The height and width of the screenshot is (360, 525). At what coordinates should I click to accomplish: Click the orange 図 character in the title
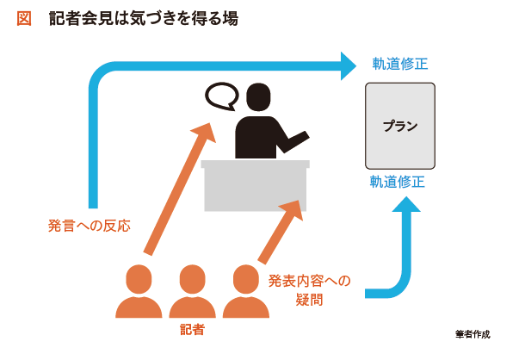coord(24,18)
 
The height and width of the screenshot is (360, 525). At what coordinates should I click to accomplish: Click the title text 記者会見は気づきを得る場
coord(144,18)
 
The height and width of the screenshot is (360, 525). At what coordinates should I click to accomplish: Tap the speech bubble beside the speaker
coord(222,96)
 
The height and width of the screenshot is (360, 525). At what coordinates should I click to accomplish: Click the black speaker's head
coord(258,97)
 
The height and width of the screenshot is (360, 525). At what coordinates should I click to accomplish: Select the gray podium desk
coord(255,185)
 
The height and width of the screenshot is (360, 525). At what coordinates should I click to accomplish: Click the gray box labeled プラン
coord(400,126)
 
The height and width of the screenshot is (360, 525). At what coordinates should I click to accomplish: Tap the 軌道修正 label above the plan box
coord(400,64)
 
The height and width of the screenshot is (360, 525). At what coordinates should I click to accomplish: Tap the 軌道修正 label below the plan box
coord(398,182)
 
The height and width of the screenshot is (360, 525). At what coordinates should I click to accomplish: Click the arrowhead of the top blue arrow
coord(349,66)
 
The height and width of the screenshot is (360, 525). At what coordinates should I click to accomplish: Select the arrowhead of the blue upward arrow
coord(406,204)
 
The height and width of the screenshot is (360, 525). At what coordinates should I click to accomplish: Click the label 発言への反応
coord(89,226)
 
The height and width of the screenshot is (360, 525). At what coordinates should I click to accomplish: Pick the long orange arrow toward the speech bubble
coord(180,189)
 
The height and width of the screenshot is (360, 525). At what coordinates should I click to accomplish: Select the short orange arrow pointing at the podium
coord(281,232)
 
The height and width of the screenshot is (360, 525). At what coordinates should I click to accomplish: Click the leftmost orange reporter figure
coord(139,291)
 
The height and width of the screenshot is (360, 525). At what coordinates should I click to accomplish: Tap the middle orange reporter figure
coord(192,291)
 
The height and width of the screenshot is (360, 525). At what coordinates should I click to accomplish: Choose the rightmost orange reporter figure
coord(246,291)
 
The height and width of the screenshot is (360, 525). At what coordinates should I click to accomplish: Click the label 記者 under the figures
coord(192,330)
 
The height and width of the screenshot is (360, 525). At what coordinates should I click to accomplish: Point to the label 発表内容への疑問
coord(309,290)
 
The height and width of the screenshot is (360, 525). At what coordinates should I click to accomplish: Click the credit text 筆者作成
coord(472,334)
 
